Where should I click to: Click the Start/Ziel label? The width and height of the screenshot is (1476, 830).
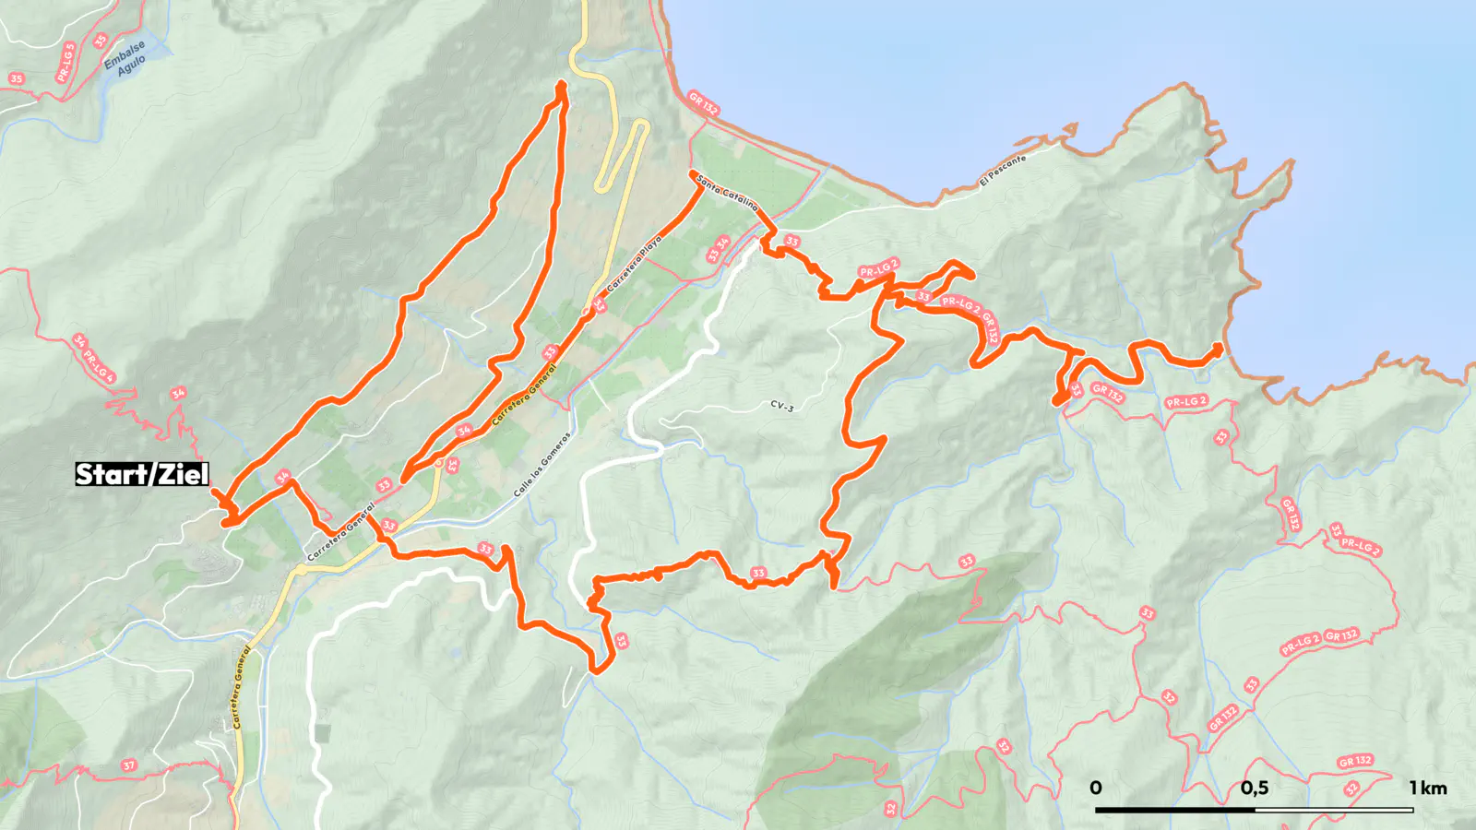point(142,474)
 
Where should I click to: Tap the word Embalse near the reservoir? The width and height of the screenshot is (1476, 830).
point(124,54)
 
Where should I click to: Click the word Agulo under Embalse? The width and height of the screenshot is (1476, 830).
point(132,65)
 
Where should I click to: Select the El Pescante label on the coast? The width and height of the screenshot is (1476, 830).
point(1003,172)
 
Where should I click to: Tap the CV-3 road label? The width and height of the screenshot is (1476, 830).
point(781,406)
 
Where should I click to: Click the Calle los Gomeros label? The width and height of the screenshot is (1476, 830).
point(542,464)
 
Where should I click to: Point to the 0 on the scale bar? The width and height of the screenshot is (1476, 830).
point(1095,788)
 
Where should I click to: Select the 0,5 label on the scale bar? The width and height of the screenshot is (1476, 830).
point(1254,788)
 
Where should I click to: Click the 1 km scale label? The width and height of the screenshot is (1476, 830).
point(1427,788)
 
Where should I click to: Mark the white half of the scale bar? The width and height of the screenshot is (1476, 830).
point(1334,810)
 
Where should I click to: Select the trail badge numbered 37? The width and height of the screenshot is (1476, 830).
point(128,765)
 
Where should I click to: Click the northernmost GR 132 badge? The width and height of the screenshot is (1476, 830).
point(703,103)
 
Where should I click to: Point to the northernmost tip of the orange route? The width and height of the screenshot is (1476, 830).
point(561,85)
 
